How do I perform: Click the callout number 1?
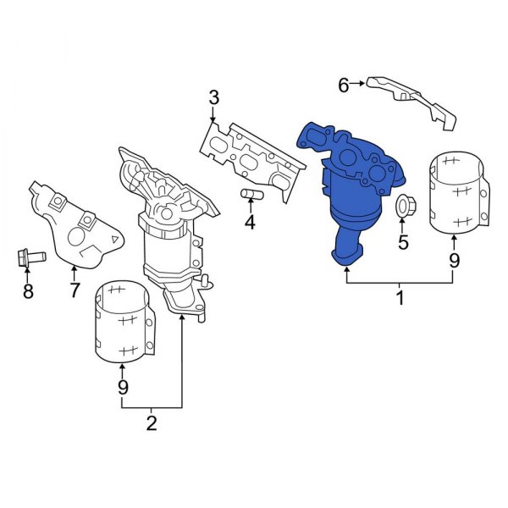click(x=400, y=298)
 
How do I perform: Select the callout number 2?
click(x=152, y=423)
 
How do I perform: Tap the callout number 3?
click(x=214, y=97)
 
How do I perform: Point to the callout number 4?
click(x=250, y=224)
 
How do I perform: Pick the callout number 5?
click(x=403, y=242)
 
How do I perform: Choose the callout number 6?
click(x=344, y=84)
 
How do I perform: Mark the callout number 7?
click(x=75, y=290)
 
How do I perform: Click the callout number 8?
click(x=28, y=291)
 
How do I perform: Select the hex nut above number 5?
click(x=403, y=205)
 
